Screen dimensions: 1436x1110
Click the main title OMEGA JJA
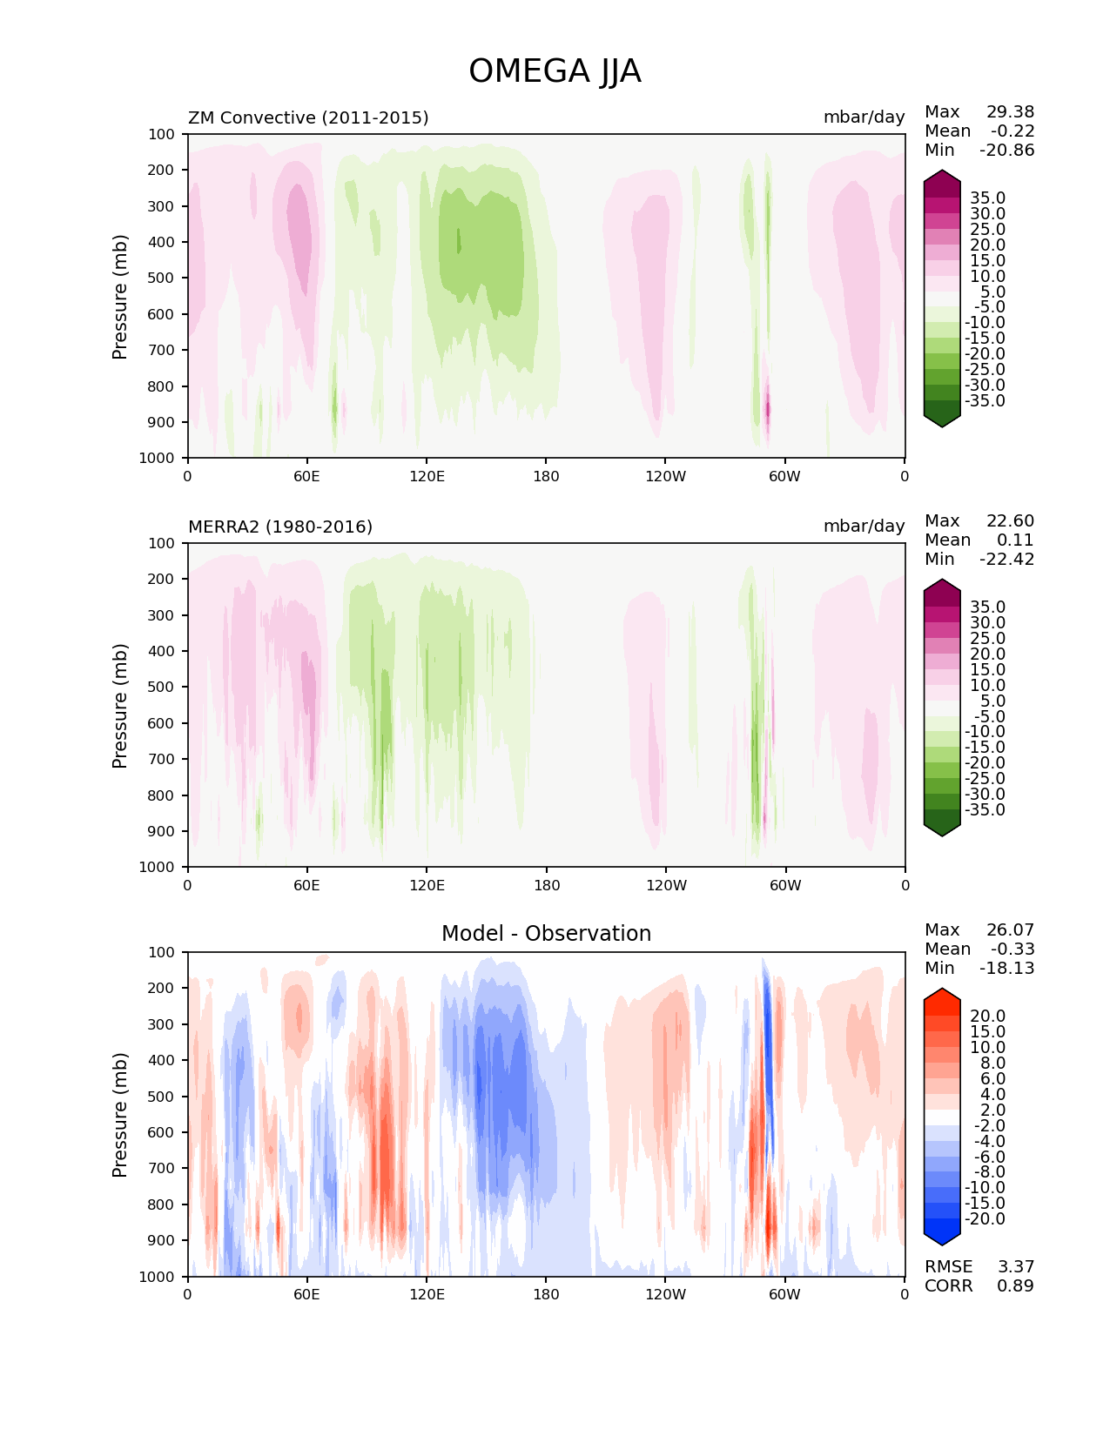[x=555, y=71]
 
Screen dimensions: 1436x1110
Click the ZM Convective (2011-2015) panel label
[x=308, y=117]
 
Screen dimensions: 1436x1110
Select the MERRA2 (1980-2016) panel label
[x=280, y=527]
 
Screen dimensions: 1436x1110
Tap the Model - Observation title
[x=546, y=934]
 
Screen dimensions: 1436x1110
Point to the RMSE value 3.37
[x=1015, y=1266]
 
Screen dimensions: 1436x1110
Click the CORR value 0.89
[x=1015, y=1285]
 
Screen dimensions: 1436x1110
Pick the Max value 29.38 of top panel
[x=1010, y=111]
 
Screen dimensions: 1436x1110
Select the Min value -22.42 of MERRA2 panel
[x=1007, y=559]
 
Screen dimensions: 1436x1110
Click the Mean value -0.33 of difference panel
[x=1012, y=949]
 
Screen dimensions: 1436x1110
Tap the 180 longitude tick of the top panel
[x=546, y=476]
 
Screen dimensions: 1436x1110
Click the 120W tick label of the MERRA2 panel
[x=666, y=885]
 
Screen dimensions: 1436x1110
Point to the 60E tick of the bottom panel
[x=306, y=1294]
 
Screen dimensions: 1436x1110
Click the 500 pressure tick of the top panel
[x=163, y=278]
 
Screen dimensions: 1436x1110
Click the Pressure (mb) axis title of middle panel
[x=120, y=705]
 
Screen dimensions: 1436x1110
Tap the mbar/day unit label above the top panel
[x=864, y=117]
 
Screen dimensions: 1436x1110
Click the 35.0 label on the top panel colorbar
[x=987, y=198]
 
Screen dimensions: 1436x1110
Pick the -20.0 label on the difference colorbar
[x=985, y=1218]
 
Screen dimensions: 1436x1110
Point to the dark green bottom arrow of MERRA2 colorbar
[x=942, y=828]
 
